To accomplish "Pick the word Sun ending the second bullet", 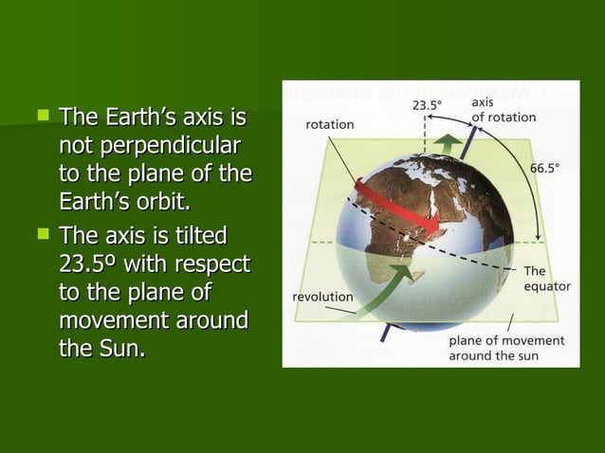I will [120, 348].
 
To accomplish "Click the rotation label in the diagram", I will [329, 124].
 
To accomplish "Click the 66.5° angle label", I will [544, 166].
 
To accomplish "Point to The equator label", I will [546, 278].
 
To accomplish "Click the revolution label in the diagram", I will [323, 297].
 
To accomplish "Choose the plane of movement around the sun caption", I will [506, 347].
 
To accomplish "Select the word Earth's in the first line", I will [136, 118].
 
